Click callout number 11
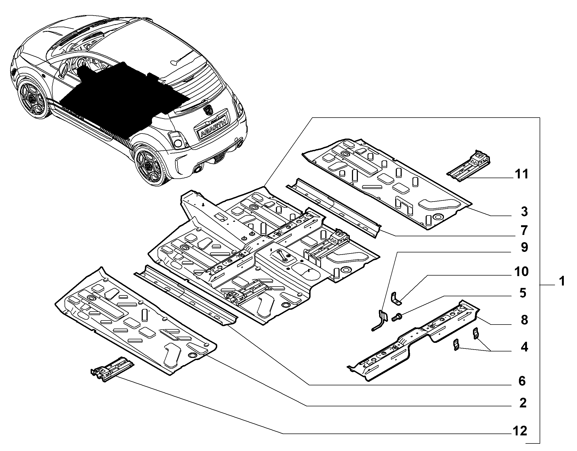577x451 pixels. point(521,174)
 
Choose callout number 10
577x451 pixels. point(521,272)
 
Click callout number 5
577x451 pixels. point(523,293)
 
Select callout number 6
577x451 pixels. point(522,381)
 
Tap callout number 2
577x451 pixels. point(523,411)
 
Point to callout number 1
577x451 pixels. point(561,282)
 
